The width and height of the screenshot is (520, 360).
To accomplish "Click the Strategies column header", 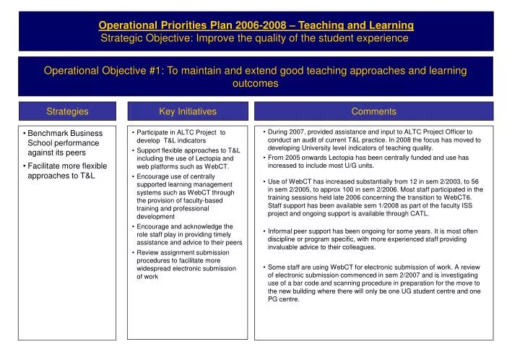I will pos(67,111).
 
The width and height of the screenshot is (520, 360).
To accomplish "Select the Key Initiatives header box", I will pos(188,111).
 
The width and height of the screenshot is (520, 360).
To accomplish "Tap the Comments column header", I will pos(373,111).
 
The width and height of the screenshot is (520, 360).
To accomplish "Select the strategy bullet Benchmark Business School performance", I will pos(64,143).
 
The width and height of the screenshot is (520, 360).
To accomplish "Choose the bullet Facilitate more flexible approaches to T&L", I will pos(66,171).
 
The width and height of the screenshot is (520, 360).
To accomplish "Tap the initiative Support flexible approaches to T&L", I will pos(186,158).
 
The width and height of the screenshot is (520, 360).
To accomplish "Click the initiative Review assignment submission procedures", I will pos(186,264).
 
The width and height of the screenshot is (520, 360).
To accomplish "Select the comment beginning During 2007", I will pos(373,140).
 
